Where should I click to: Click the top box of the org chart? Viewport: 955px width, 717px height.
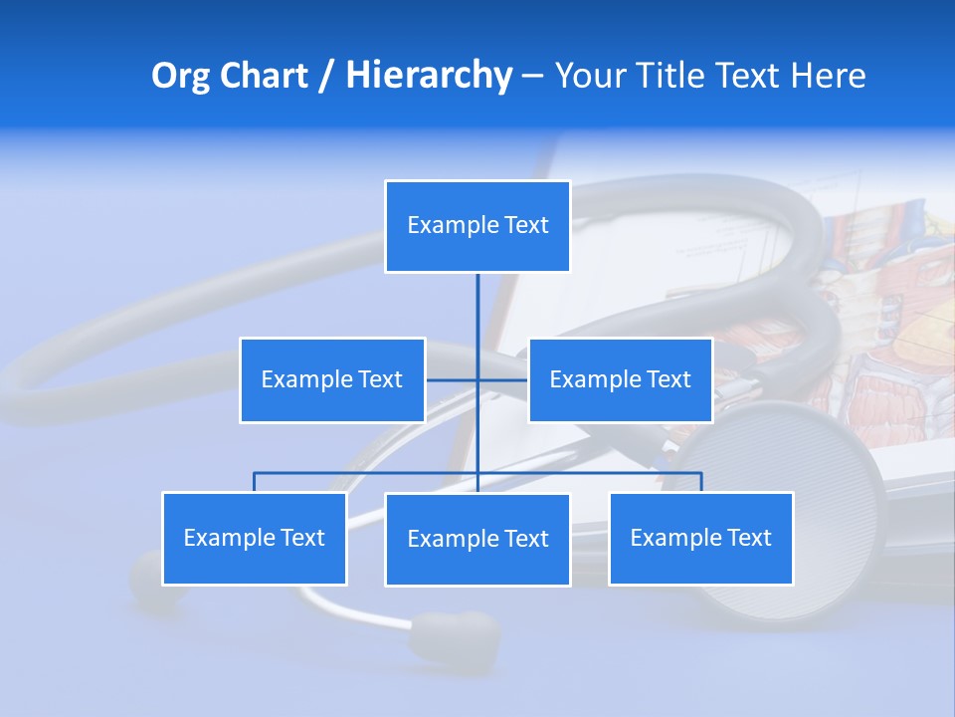[477, 226]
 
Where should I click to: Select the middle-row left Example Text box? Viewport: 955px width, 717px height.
[332, 380]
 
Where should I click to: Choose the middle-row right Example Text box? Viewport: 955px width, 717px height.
[621, 380]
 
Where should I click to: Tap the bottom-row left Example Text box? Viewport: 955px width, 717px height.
[255, 539]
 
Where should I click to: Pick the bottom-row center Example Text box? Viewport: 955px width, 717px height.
[477, 540]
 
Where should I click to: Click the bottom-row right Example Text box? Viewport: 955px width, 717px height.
[701, 539]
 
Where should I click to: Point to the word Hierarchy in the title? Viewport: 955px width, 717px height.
[428, 76]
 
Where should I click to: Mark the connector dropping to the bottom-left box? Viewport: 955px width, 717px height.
[255, 482]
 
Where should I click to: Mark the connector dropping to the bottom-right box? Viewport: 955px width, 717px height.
[701, 482]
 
